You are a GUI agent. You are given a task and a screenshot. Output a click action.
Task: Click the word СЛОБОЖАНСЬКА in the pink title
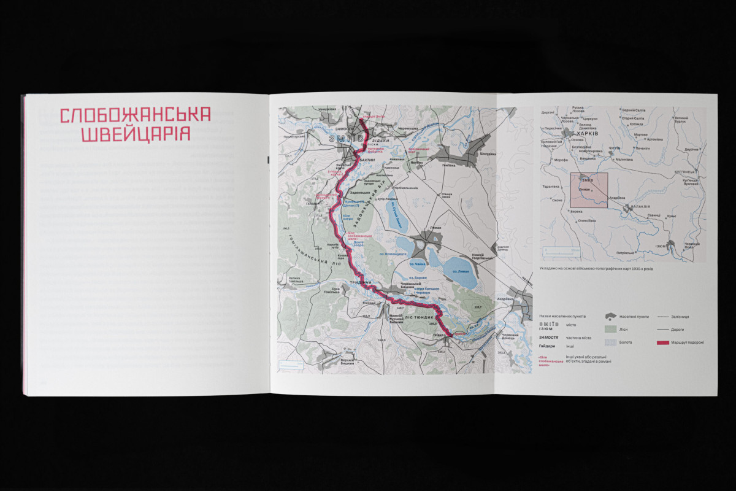click(135, 115)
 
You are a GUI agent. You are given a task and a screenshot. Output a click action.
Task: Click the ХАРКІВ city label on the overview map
click(583, 132)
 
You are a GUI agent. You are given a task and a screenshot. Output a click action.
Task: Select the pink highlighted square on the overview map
click(589, 190)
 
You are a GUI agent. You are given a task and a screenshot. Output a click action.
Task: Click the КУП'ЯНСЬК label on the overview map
click(686, 172)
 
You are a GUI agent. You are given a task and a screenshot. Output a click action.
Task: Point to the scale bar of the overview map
click(561, 250)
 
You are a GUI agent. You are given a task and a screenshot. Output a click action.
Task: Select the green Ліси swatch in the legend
click(610, 330)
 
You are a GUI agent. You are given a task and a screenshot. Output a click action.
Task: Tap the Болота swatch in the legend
click(610, 342)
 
